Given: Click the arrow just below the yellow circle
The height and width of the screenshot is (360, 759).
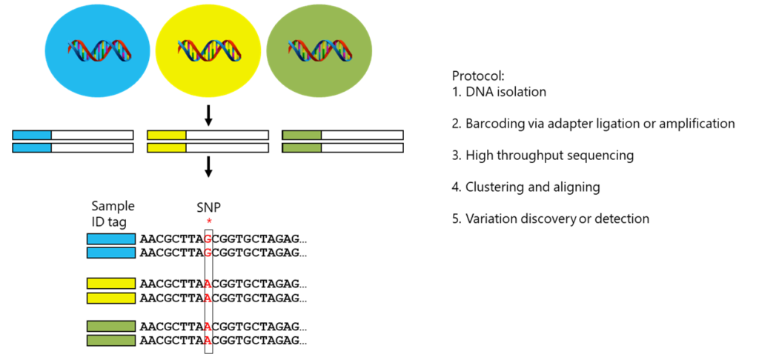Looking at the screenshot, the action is pyautogui.click(x=208, y=114).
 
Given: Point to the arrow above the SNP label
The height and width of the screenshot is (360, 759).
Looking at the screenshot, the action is pyautogui.click(x=208, y=167).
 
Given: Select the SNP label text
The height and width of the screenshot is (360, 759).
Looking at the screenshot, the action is pyautogui.click(x=208, y=207).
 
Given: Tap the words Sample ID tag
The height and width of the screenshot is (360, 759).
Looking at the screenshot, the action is pyautogui.click(x=113, y=213).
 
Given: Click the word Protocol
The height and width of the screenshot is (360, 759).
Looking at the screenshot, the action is pyautogui.click(x=472, y=76).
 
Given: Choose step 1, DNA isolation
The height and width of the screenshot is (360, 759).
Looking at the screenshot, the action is pyautogui.click(x=499, y=92).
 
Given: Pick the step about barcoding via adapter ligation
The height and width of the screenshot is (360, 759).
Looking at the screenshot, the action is pyautogui.click(x=594, y=124).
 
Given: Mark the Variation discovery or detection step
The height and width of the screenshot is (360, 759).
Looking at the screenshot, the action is pyautogui.click(x=551, y=219).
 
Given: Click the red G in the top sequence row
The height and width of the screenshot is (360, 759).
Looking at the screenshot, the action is pyautogui.click(x=208, y=239).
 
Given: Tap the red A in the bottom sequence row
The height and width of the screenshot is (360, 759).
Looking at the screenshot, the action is pyautogui.click(x=208, y=340).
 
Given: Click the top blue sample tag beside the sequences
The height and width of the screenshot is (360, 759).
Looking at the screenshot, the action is pyautogui.click(x=111, y=239).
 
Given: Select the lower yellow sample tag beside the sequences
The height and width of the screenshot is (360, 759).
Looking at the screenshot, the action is pyautogui.click(x=111, y=298).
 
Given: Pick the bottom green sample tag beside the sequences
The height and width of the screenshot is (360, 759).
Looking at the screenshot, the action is pyautogui.click(x=111, y=341).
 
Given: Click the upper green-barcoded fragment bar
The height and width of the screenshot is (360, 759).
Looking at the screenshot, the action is pyautogui.click(x=342, y=135).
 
